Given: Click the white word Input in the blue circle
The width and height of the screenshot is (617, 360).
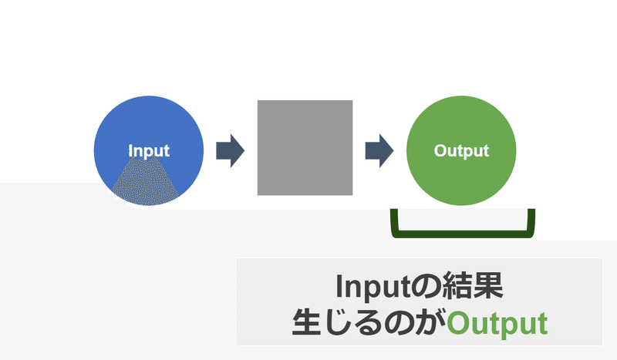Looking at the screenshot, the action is pos(149,151).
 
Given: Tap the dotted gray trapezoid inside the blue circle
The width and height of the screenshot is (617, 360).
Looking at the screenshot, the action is pos(146,182).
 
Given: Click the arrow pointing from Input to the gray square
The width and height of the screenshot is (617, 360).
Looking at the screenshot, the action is pos(230,150).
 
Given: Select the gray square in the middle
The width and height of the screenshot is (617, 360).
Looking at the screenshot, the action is pos(305,147).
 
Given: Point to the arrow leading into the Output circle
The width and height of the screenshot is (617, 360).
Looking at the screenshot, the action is pos(379,150).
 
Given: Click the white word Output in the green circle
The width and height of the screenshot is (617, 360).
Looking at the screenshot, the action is pos(461,151).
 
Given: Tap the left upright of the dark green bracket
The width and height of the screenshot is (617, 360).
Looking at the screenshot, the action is pos(395,220).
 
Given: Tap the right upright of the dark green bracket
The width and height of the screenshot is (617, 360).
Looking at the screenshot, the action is pos(531,220).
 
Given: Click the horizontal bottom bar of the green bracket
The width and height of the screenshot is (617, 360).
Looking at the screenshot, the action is pos(463,234).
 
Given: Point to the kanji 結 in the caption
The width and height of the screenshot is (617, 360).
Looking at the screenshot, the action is pos(457,287).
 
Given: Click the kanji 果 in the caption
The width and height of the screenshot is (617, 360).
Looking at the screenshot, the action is pos(488,287).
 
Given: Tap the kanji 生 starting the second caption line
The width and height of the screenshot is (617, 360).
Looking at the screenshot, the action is pos(307,321).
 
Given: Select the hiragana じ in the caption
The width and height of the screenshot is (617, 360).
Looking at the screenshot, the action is pos(338,321).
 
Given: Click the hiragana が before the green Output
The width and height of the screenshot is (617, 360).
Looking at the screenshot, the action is pos(431,321).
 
